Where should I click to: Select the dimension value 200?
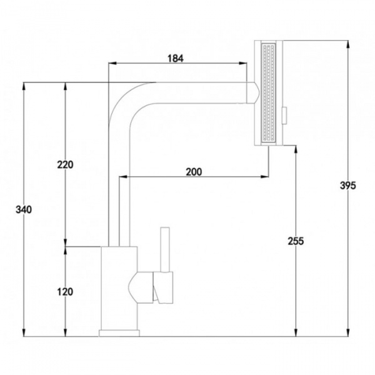pyautogui.click(x=194, y=172)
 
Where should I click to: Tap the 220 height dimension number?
pyautogui.click(x=65, y=165)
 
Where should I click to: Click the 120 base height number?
pyautogui.click(x=65, y=291)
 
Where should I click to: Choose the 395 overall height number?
pyautogui.click(x=347, y=186)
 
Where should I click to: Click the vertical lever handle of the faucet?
pyautogui.click(x=166, y=250)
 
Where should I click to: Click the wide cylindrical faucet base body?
pyautogui.click(x=118, y=287)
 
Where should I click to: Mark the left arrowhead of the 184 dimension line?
pyautogui.click(x=112, y=63)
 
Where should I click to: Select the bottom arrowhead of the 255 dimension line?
pyautogui.click(x=294, y=332)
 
